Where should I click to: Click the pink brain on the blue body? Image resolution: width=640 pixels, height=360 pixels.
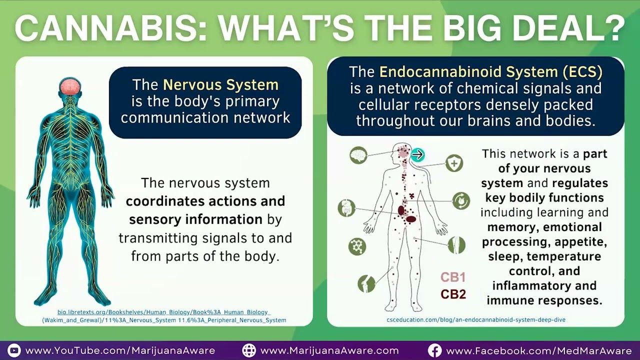click(70, 86)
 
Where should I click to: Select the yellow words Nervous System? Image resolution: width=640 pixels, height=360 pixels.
click(220, 85)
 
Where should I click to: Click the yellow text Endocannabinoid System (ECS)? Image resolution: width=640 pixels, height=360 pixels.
click(490, 71)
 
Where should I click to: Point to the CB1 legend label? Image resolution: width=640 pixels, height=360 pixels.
click(453, 277)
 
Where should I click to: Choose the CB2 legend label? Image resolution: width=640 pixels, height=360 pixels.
click(453, 294)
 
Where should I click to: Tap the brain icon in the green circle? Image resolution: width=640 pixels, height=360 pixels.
click(358, 155)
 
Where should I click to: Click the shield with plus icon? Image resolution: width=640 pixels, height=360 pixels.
click(454, 163)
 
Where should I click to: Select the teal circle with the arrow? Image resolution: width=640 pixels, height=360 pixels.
click(417, 154)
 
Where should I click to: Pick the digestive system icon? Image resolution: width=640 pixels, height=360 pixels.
click(346, 207)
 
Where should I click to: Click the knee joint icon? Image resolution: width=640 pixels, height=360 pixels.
click(366, 283)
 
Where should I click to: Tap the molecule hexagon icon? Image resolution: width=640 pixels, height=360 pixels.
click(357, 246)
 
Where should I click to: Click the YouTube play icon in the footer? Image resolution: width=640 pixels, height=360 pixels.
click(14, 350)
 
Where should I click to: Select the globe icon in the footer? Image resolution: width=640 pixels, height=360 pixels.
click(249, 350)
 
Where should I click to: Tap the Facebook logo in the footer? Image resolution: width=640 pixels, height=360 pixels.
click(434, 350)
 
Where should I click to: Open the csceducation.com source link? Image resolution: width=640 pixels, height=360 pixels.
click(476, 319)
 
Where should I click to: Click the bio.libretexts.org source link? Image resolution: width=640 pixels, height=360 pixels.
click(164, 316)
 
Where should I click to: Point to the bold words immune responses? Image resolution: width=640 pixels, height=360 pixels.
click(544, 300)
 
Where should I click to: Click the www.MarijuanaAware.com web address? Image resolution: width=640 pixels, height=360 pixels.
click(329, 350)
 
